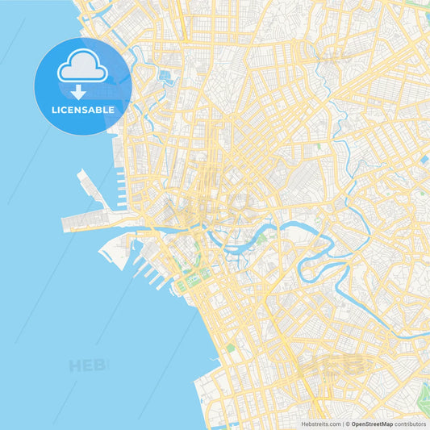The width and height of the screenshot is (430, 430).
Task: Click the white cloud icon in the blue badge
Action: [x=82, y=70]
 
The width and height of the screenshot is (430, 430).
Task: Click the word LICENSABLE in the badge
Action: [x=82, y=109]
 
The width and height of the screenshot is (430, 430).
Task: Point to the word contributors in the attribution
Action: [x=411, y=424]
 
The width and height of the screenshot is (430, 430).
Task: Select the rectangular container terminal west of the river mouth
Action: [x=85, y=220]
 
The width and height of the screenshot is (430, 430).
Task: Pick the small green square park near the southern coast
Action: [x=230, y=348]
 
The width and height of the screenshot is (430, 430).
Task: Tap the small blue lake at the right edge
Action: [x=424, y=160]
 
